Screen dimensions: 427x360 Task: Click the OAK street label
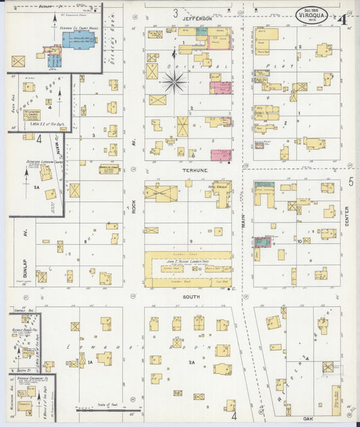pyautogui.click(x=301, y=417)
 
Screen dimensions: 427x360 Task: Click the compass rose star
pyautogui.click(x=174, y=82)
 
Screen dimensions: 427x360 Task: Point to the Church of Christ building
pyautogui.click(x=108, y=168)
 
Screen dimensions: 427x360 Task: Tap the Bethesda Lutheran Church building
pyautogui.click(x=45, y=172)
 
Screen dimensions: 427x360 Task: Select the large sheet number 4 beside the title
pyautogui.click(x=343, y=18)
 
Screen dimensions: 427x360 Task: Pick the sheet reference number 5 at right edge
pyautogui.click(x=351, y=181)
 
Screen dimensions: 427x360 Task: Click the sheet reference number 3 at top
pyautogui.click(x=175, y=13)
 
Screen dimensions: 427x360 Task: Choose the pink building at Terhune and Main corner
pyautogui.click(x=221, y=155)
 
